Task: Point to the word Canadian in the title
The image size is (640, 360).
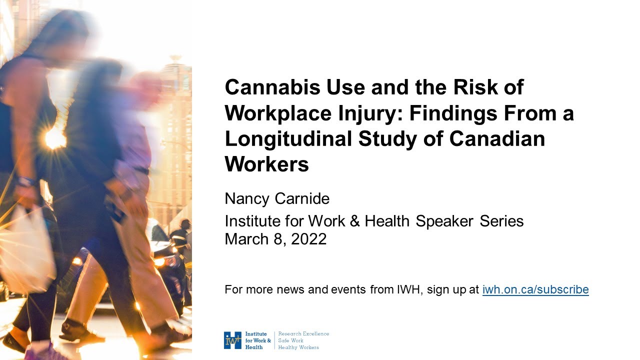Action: (497, 138)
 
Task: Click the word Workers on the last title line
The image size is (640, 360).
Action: (267, 164)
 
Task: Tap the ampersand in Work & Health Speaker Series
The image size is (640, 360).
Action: (355, 221)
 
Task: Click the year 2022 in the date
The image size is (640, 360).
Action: (308, 239)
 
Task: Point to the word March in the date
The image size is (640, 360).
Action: (246, 239)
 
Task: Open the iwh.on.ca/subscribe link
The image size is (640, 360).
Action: (535, 289)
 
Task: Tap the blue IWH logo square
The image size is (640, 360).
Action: (232, 340)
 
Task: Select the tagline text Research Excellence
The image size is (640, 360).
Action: (303, 333)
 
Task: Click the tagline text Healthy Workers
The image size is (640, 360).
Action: (298, 347)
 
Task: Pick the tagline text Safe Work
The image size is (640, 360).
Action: (290, 340)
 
